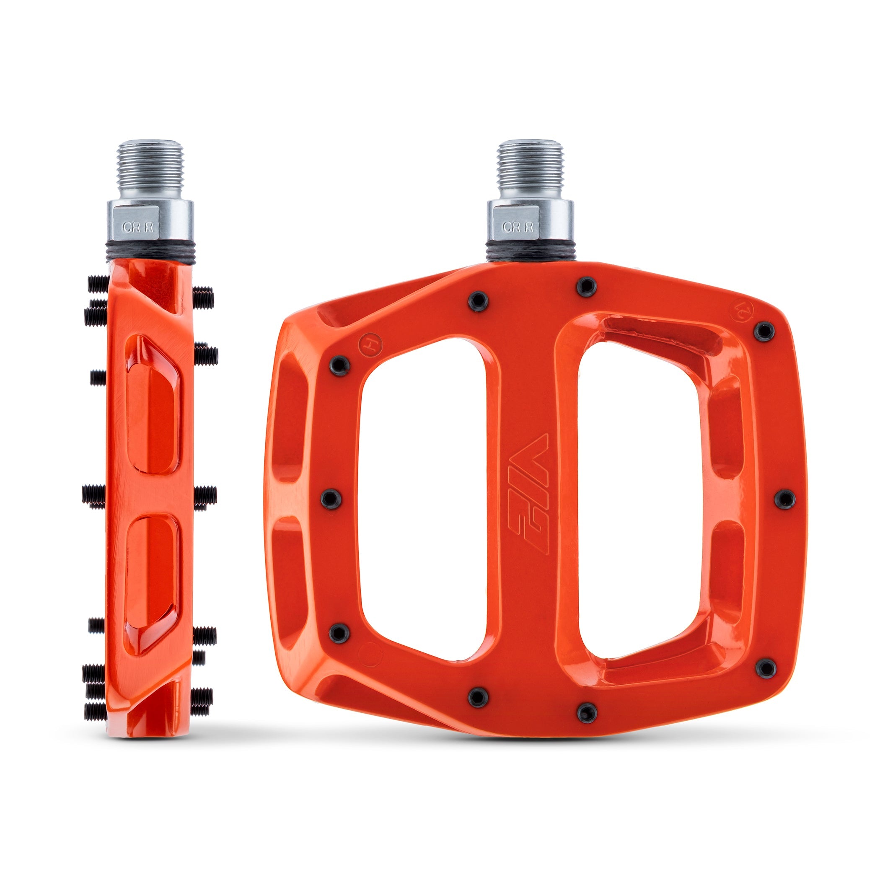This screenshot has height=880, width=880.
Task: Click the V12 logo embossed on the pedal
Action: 528,494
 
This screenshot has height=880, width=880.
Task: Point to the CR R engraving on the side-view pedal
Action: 137,227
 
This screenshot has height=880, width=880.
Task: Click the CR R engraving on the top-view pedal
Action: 518,227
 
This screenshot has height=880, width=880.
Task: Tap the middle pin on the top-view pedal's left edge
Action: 331,499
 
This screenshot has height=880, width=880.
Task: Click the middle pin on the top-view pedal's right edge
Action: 785,499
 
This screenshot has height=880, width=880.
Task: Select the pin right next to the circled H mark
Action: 339,365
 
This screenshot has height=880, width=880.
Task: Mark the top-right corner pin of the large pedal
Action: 764,331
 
